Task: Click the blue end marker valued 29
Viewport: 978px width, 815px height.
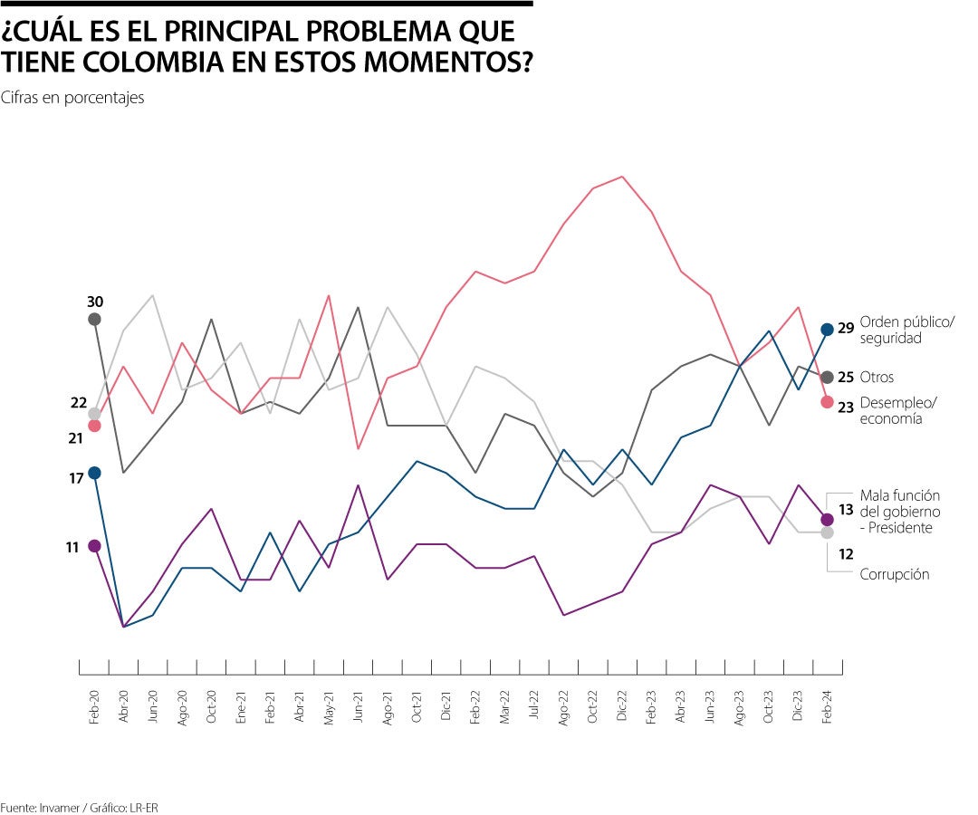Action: (827, 330)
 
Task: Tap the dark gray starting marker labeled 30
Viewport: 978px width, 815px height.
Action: (94, 319)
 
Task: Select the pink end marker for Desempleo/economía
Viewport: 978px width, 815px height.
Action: (827, 401)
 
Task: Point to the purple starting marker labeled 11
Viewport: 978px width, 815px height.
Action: (94, 545)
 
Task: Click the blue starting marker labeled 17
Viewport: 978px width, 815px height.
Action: (94, 473)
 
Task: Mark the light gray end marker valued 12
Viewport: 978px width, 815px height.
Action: (827, 532)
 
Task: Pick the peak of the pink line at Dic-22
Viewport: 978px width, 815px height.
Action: (621, 177)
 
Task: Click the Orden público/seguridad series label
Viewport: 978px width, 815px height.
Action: (906, 330)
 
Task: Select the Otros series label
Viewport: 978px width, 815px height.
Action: (877, 377)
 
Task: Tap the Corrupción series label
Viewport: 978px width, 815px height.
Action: (894, 574)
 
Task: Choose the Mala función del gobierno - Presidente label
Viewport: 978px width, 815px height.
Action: (899, 512)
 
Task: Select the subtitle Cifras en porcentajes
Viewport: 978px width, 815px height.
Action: (72, 98)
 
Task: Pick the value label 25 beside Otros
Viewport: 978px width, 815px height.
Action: (845, 378)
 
